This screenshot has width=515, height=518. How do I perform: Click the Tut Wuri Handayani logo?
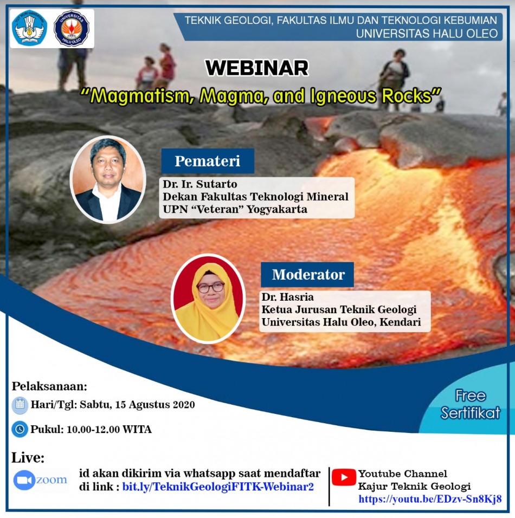[x=29, y=28]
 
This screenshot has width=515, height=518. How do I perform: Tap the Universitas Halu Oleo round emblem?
[x=72, y=28]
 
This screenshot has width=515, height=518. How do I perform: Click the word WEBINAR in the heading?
[x=257, y=68]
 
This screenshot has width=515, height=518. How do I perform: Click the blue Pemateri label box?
[x=208, y=161]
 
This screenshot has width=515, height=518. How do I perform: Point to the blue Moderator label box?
[x=307, y=274]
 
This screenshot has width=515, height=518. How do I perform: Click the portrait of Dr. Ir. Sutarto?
[x=108, y=179]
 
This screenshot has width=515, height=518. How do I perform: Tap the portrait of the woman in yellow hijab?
[x=208, y=299]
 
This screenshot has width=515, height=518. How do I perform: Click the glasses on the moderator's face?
[x=210, y=287]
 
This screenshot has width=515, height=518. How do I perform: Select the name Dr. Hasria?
[x=287, y=297]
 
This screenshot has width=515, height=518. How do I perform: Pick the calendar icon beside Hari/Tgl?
[x=20, y=405]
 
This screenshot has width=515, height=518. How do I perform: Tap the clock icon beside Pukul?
[x=20, y=429]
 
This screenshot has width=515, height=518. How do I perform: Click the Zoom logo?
[x=40, y=480]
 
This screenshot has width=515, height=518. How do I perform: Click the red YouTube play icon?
[x=344, y=477]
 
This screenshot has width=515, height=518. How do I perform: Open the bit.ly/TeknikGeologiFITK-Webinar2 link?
[x=218, y=487]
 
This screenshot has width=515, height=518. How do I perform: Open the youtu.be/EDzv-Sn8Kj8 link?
[x=430, y=498]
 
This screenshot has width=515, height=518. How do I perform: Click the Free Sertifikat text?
[x=471, y=404]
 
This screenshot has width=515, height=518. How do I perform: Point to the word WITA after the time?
[x=137, y=429]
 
